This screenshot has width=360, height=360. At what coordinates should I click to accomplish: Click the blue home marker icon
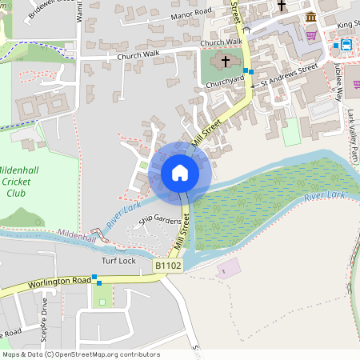(180, 173)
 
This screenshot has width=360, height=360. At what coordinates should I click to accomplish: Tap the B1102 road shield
(168, 265)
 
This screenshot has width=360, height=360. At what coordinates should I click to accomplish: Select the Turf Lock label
(118, 261)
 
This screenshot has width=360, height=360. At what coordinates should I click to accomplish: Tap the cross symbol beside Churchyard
(226, 61)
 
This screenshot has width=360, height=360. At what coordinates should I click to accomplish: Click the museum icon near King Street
(310, 18)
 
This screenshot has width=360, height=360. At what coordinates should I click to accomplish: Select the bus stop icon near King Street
(345, 46)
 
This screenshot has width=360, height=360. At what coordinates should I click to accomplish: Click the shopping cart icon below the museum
(310, 35)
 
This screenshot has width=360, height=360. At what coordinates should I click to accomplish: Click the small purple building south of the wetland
(229, 270)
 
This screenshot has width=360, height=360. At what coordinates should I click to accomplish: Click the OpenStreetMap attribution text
(80, 354)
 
